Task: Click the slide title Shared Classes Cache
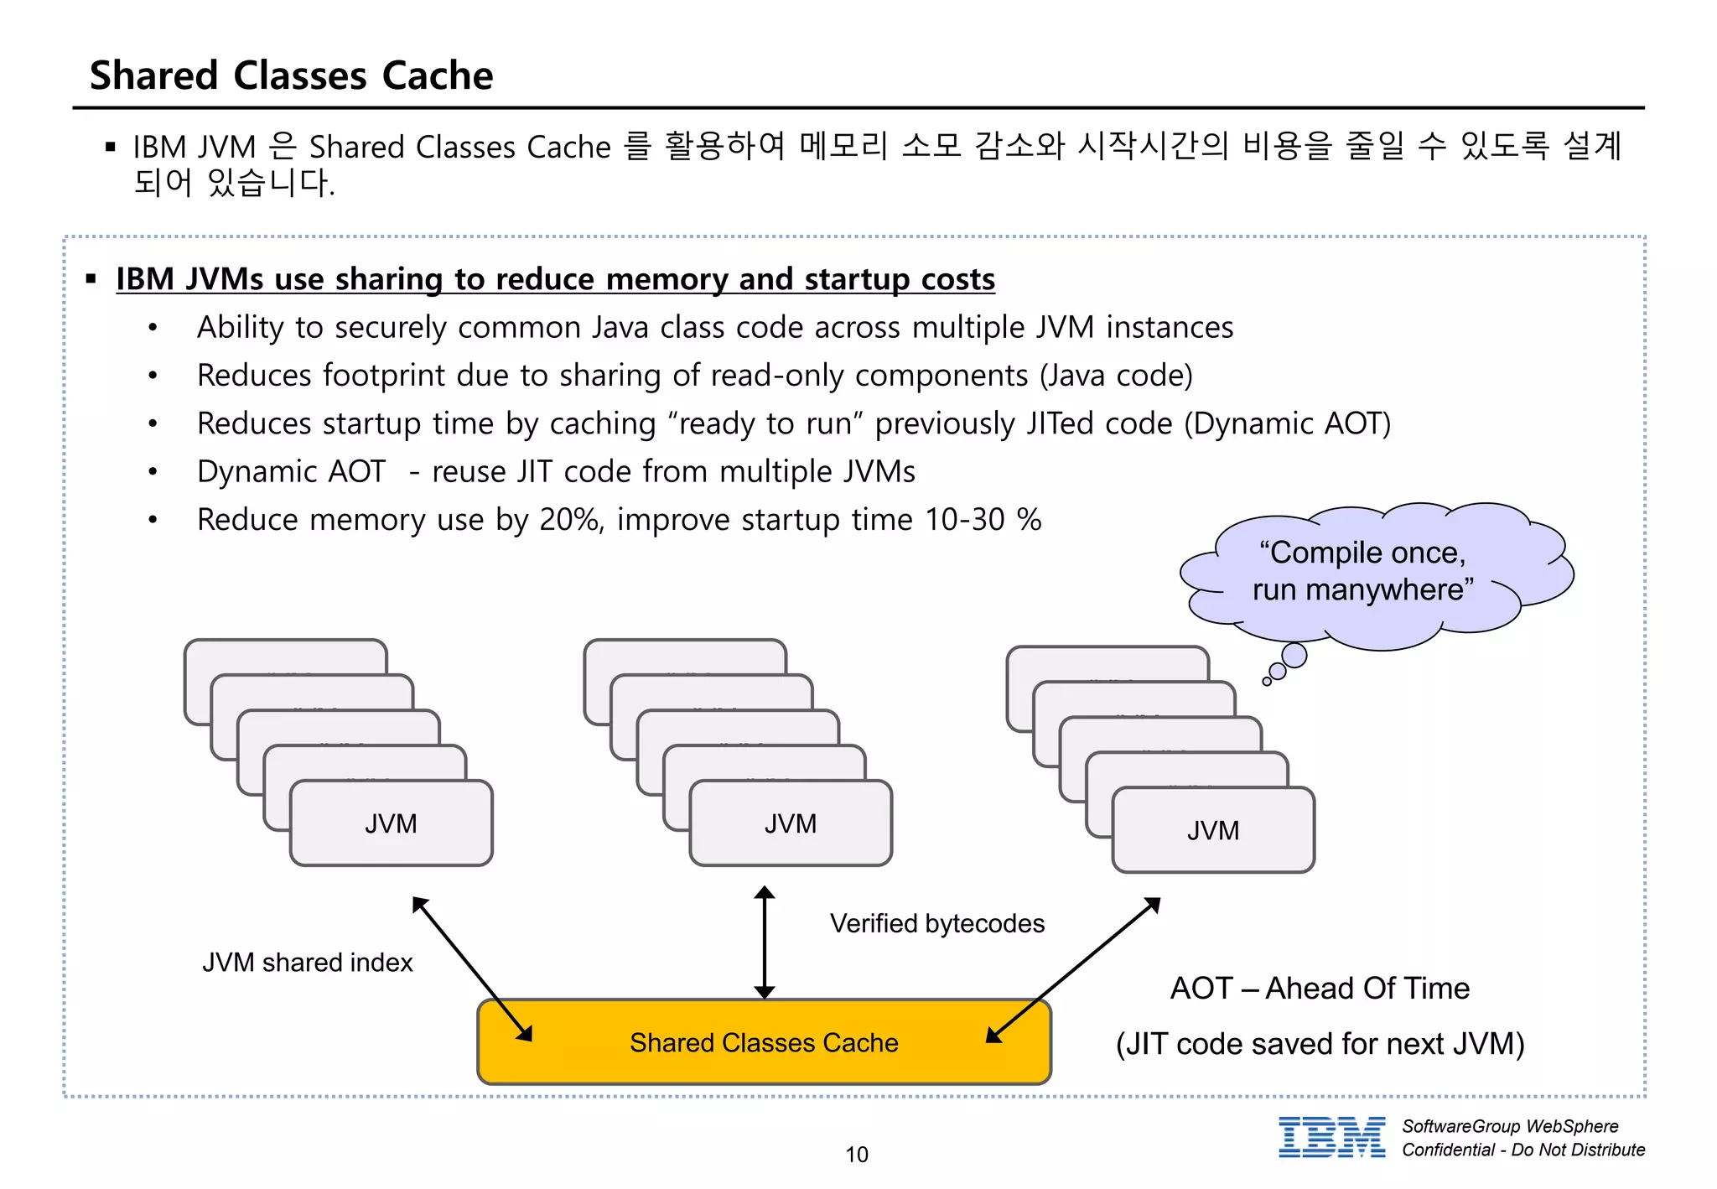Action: [x=291, y=75]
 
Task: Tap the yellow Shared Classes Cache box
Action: [x=763, y=1042]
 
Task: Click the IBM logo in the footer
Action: [x=1331, y=1138]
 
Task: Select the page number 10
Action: [x=856, y=1155]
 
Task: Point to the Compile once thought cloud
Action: [x=1375, y=574]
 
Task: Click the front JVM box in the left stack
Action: [x=391, y=823]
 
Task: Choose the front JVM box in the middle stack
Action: [x=790, y=823]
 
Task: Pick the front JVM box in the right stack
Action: [x=1212, y=830]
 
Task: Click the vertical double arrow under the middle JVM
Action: [x=764, y=942]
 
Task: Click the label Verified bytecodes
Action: [x=936, y=923]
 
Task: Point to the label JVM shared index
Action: [x=307, y=962]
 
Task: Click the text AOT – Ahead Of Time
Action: [x=1319, y=988]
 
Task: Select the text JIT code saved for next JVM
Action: [x=1320, y=1044]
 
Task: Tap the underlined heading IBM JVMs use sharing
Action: [x=555, y=279]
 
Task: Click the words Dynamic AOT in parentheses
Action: [x=1287, y=423]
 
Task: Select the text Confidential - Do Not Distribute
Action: [x=1522, y=1150]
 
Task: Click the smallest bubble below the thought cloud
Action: [x=1267, y=682]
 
